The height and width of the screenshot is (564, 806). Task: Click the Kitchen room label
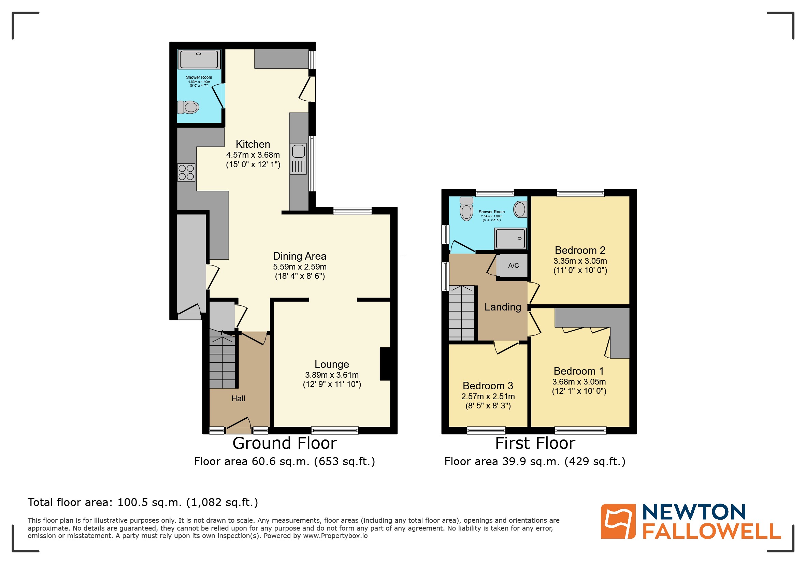coord(253,144)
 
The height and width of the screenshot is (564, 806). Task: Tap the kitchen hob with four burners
coord(186,172)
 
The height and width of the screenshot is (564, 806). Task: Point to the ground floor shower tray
coord(199,59)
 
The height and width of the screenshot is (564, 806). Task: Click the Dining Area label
coord(300,256)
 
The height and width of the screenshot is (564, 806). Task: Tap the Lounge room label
coord(331,364)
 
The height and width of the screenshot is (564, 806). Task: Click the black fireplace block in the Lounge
coord(385,364)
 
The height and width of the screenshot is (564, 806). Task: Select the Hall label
coord(238,398)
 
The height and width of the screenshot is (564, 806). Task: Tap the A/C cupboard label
coord(513,266)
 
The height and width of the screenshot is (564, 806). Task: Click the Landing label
coord(502,307)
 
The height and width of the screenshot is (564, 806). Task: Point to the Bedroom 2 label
coord(580,250)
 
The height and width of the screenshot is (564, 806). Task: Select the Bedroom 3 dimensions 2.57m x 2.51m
coord(488,396)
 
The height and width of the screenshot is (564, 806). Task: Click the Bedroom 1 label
coord(578,371)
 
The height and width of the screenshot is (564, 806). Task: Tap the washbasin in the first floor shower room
coord(520,209)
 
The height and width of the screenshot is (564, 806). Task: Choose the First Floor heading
coord(535,443)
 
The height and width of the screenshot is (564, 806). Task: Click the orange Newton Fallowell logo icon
coord(618,521)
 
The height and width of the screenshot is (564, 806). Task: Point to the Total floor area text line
coord(143,502)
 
